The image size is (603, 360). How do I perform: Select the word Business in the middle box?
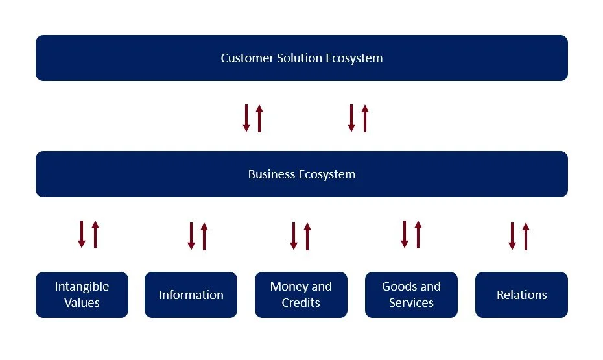click(272, 174)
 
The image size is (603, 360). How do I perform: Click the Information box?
click(191, 295)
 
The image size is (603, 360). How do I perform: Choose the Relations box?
click(521, 295)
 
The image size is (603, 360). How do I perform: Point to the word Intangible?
click(82, 287)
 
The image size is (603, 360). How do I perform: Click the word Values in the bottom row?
click(82, 303)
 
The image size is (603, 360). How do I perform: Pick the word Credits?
click(301, 303)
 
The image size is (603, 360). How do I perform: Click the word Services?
click(411, 303)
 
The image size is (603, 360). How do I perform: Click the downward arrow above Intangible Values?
click(82, 234)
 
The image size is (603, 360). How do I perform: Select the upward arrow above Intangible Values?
click(95, 234)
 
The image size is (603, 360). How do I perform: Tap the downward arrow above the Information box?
click(191, 236)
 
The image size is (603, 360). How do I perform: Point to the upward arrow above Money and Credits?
click(307, 236)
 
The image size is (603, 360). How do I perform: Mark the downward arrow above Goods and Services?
click(405, 234)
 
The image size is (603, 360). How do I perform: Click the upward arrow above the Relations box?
click(526, 236)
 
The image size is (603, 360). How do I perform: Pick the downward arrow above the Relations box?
click(512, 236)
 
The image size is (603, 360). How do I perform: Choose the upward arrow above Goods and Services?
click(418, 234)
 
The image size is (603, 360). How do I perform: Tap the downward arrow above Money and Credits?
click(294, 236)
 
